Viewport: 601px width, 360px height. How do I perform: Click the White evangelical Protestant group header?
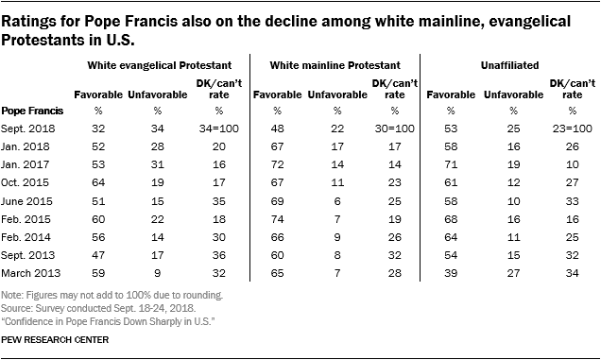click(160, 65)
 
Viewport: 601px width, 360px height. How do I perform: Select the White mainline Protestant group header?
click(335, 65)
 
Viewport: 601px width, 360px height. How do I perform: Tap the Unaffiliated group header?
click(509, 65)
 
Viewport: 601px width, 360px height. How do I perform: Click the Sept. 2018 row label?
click(28, 129)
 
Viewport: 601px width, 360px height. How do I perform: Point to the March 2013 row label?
click(30, 273)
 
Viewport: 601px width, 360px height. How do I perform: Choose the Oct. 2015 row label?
click(25, 182)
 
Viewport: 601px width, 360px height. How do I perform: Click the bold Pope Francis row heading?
click(32, 111)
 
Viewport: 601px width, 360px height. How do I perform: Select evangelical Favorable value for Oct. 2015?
click(98, 182)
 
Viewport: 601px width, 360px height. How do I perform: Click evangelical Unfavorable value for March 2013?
click(158, 273)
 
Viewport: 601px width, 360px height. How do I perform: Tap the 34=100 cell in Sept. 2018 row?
click(219, 129)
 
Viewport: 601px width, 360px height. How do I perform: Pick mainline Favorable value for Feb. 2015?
click(277, 219)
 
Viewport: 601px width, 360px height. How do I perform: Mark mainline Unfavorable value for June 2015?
click(337, 201)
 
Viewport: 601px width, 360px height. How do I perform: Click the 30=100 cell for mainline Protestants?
click(395, 129)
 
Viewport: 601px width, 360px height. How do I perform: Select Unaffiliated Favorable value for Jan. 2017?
click(451, 164)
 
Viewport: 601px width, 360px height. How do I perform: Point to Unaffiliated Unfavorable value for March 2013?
click(514, 273)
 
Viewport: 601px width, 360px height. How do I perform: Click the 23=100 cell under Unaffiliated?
click(573, 129)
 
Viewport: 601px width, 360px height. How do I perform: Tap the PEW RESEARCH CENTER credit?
click(55, 339)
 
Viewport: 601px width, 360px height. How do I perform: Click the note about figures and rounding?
click(112, 295)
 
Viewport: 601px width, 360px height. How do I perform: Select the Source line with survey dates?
click(98, 308)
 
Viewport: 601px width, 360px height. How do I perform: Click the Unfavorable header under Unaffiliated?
click(514, 94)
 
